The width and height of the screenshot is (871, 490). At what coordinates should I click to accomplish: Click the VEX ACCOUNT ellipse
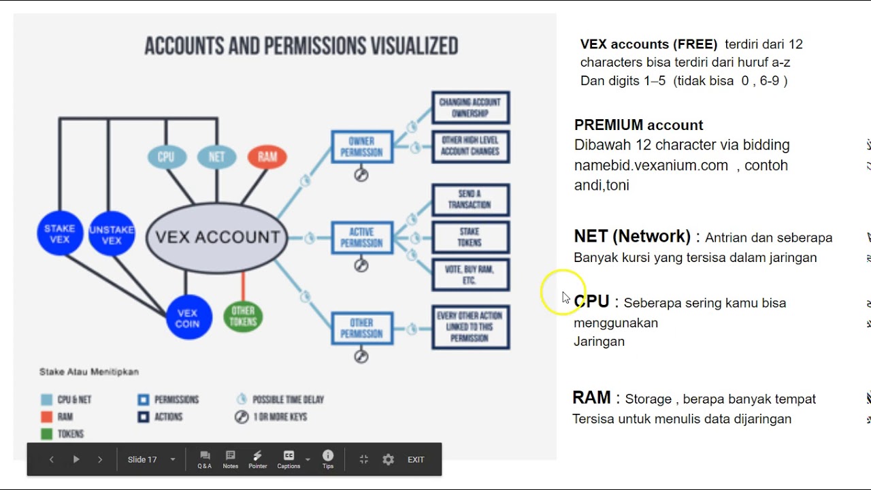(x=217, y=237)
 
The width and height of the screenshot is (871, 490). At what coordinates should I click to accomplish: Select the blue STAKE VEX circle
(x=60, y=234)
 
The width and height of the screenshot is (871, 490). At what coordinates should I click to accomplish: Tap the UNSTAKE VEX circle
(x=112, y=235)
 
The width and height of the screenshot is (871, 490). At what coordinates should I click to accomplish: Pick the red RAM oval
(x=267, y=157)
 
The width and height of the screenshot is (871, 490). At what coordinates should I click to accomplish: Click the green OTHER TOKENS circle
(x=243, y=316)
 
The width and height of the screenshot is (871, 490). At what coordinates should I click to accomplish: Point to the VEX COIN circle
(x=188, y=318)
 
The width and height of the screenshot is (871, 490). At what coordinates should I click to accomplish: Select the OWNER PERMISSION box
(x=362, y=146)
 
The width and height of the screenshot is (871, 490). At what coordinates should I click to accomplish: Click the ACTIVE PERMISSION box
(x=362, y=237)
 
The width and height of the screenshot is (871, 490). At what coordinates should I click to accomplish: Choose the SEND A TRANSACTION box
(x=470, y=199)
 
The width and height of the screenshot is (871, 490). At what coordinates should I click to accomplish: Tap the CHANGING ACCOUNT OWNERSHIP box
(x=470, y=107)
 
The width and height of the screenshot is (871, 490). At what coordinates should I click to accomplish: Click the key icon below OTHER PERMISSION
(x=361, y=356)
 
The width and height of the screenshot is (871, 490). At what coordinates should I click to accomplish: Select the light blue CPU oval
(x=166, y=157)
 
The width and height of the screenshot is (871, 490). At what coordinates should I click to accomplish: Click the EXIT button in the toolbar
(x=416, y=459)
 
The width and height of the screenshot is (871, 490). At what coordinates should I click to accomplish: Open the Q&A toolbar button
(x=205, y=459)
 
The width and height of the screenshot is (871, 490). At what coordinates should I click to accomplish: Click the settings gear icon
(x=388, y=459)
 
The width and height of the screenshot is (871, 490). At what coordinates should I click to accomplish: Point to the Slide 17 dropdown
(x=151, y=459)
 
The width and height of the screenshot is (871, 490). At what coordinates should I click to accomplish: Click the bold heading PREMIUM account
(x=638, y=125)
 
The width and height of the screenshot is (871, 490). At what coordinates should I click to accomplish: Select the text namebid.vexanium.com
(x=651, y=165)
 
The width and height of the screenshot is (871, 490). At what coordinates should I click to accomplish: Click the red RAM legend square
(x=47, y=416)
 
